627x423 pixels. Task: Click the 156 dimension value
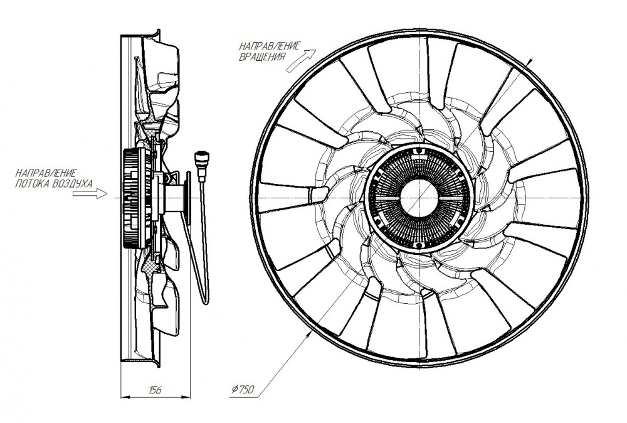coord(154,390)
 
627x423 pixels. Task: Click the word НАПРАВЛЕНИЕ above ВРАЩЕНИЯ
coord(269,46)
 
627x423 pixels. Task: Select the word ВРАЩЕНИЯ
coord(262,57)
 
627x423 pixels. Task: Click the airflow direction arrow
coord(90,194)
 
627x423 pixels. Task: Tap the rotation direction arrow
coord(302,61)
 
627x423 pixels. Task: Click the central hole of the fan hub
coord(419,198)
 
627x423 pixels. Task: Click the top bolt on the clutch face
coord(419,151)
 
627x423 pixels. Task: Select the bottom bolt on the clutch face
coord(419,245)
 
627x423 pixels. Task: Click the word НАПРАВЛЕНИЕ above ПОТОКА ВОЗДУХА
coord(46,173)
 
